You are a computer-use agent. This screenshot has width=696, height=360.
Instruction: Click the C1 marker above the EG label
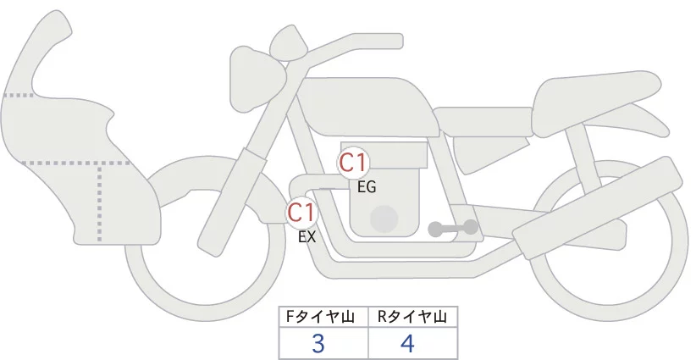pyautogui.click(x=353, y=163)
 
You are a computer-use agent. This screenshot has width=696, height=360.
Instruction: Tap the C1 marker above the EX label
pyautogui.click(x=302, y=212)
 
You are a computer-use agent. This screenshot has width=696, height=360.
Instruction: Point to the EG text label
pyautogui.click(x=367, y=187)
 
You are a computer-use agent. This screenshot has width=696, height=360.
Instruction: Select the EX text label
pyautogui.click(x=307, y=237)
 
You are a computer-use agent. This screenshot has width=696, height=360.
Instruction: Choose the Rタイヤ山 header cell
pyautogui.click(x=413, y=317)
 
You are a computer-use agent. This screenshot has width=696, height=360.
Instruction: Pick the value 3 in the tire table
pyautogui.click(x=318, y=344)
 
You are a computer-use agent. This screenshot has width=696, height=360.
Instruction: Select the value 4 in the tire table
pyautogui.click(x=407, y=344)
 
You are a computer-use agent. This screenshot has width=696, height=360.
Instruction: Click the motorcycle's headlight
pyautogui.click(x=257, y=80)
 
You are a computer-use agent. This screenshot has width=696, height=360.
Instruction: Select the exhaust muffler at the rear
pyautogui.click(x=597, y=208)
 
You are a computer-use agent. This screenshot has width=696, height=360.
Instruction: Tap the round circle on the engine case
pyautogui.click(x=384, y=219)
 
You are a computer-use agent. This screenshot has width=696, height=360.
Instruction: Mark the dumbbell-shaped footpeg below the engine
pyautogui.click(x=453, y=228)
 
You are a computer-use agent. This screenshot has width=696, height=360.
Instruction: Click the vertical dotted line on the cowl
pyautogui.click(x=99, y=202)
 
